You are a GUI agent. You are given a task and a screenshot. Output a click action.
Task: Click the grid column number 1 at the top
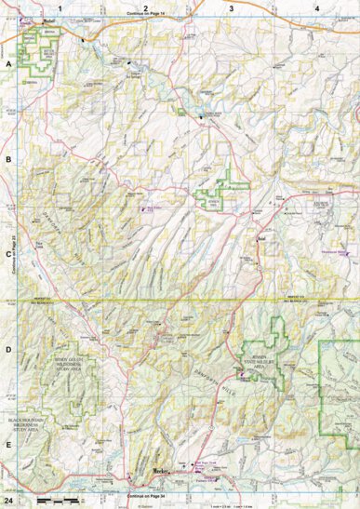click(60, 7)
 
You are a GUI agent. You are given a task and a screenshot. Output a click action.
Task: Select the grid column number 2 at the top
click(145, 7)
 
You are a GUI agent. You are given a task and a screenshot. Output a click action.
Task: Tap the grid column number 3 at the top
click(231, 7)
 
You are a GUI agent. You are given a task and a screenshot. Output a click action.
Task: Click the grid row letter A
click(8, 64)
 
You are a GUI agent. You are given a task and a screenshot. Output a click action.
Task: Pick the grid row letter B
click(8, 161)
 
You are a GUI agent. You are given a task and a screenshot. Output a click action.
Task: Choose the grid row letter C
click(8, 252)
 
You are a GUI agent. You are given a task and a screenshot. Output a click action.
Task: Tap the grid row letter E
click(8, 445)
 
